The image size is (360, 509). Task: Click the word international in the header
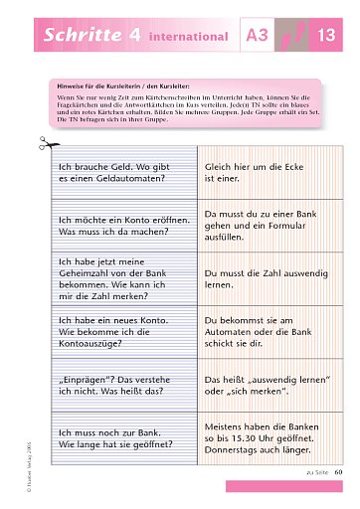pyautogui.click(x=188, y=38)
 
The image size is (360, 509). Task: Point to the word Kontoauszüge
pyautogui.click(x=98, y=339)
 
